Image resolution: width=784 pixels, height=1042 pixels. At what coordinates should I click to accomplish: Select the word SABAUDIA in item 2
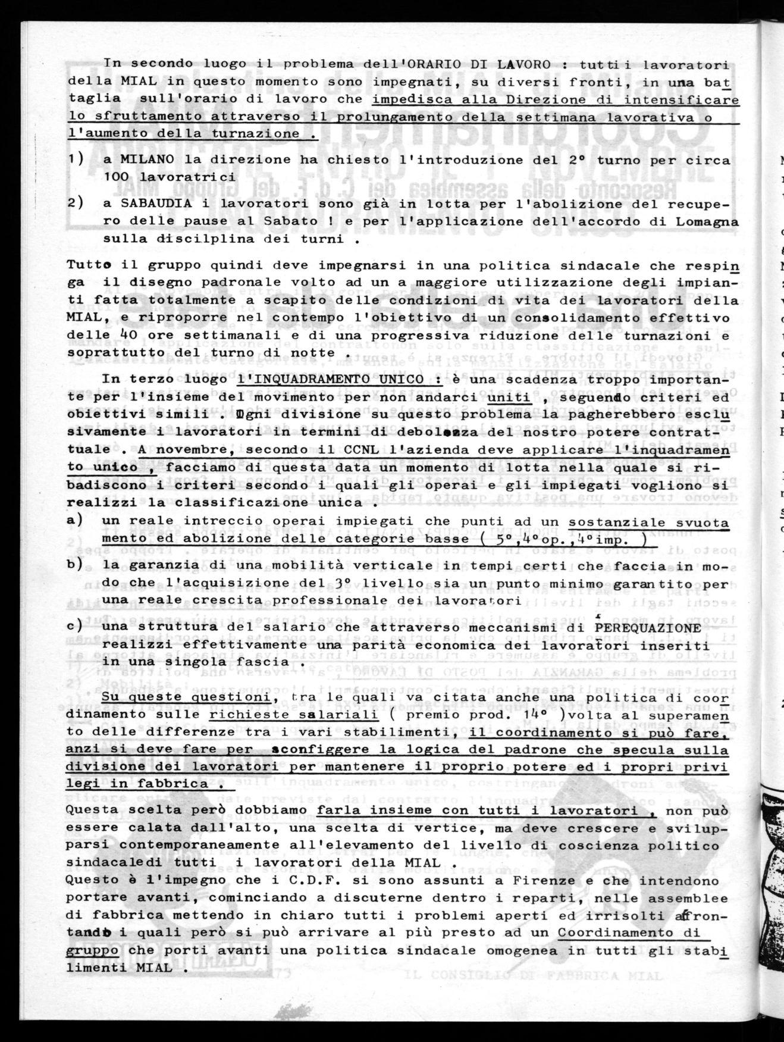149,204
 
